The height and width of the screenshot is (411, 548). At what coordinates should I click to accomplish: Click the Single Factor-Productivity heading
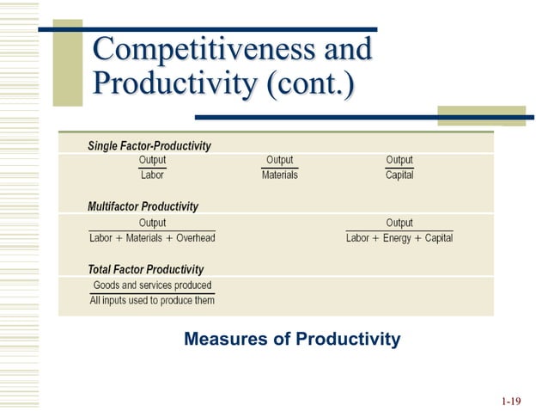tap(149, 145)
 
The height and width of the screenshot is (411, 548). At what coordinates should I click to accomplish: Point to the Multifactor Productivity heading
tap(143, 206)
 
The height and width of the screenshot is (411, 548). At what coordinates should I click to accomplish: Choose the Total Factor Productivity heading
tap(145, 269)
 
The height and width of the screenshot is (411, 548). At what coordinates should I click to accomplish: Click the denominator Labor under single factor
tap(152, 175)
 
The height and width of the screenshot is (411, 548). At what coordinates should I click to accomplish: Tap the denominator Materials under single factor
tap(279, 175)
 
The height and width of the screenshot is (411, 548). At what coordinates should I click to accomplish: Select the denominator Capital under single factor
tap(399, 175)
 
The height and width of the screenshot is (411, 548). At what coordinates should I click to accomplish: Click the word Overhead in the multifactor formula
tap(196, 237)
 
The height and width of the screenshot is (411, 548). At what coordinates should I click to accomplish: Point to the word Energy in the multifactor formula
tap(398, 237)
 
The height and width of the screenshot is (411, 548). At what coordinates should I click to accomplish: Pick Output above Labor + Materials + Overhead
tap(152, 223)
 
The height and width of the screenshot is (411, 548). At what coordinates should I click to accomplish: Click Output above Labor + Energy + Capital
tap(399, 223)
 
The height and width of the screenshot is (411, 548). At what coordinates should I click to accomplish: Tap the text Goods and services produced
tap(152, 285)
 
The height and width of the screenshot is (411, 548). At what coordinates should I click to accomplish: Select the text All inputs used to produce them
tap(152, 300)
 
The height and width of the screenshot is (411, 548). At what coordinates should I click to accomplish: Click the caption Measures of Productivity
tap(292, 340)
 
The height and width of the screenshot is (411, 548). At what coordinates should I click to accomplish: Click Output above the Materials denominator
tap(279, 160)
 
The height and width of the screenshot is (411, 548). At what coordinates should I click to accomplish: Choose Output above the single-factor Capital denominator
tap(399, 160)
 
